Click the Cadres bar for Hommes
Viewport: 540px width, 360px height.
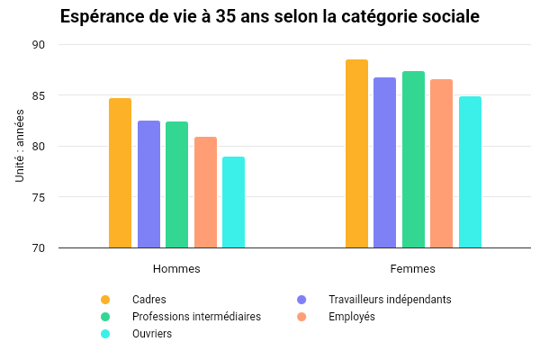120,173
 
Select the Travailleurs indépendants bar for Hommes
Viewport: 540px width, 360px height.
148,184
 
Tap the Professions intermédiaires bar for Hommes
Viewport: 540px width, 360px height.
176,184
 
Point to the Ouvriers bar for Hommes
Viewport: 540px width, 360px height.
233,202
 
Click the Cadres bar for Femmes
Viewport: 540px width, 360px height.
356,153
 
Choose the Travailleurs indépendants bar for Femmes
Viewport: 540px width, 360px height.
384,162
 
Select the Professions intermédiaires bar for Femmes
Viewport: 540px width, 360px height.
413,159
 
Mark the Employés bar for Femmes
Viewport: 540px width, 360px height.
441,163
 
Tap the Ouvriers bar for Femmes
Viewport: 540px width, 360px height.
470,172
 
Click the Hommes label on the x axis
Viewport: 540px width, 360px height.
176,268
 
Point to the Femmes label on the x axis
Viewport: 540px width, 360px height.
413,268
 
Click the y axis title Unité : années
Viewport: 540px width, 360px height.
20,147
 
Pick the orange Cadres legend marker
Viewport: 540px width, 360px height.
105,300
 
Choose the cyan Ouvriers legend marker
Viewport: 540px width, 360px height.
105,334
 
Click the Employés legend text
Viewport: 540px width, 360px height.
352,317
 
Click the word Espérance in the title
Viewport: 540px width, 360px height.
103,17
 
